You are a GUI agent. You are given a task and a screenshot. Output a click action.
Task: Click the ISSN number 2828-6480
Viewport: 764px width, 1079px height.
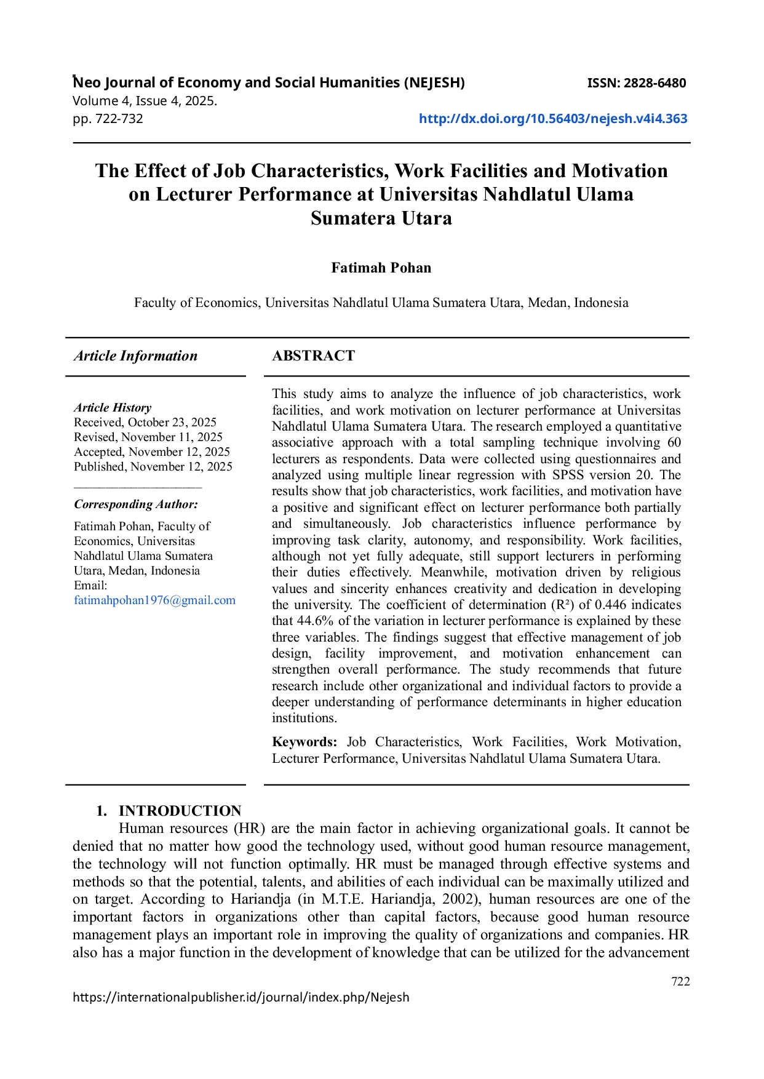(637, 83)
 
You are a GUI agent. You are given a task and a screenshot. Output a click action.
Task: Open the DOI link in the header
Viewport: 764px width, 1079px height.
(552, 119)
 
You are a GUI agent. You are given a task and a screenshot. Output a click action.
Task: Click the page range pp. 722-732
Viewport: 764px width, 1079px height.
(108, 119)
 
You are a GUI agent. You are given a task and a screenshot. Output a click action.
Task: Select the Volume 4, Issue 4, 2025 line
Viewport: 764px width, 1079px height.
(145, 101)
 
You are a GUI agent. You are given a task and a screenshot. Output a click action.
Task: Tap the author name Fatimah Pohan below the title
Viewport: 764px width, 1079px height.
(381, 268)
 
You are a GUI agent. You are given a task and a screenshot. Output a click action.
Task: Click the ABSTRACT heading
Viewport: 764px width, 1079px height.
(313, 356)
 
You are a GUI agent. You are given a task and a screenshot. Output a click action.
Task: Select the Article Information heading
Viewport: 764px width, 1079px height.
(135, 356)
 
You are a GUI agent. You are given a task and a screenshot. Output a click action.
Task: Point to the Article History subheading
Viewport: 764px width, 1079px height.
(113, 407)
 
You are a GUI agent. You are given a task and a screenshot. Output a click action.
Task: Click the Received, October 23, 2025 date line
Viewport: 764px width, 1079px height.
(145, 422)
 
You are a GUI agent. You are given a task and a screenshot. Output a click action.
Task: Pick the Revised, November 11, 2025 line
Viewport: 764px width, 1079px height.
(148, 437)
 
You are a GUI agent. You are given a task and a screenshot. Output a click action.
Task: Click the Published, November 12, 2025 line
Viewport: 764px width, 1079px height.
(153, 466)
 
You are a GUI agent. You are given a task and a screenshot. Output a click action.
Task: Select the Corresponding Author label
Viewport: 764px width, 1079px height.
(136, 504)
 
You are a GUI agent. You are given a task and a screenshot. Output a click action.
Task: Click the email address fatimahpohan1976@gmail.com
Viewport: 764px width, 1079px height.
(154, 600)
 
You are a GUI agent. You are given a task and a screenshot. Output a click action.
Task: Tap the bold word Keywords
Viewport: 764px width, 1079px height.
(304, 742)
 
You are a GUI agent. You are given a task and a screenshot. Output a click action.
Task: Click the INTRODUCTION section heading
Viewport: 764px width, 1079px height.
(180, 810)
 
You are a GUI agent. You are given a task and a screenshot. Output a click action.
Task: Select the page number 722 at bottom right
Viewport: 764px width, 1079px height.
(680, 981)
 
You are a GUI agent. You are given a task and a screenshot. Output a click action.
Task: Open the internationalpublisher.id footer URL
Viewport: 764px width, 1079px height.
(241, 997)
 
